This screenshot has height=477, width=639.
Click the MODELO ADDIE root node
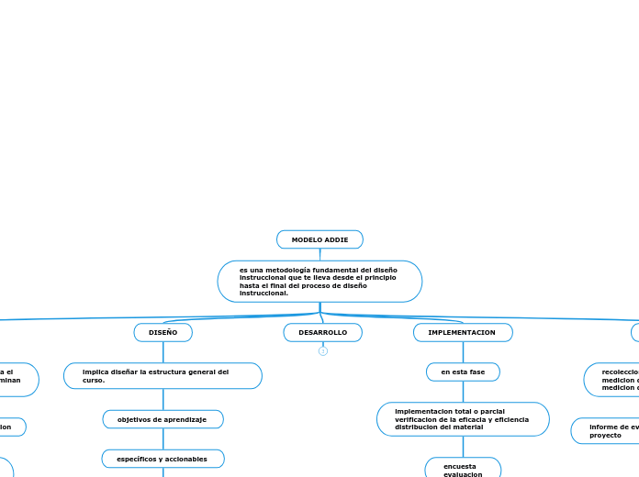coord(319,239)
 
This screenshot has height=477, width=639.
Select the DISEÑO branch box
coord(163,332)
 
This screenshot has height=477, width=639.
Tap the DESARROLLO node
coord(322,332)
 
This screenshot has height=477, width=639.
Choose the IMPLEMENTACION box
coord(462,332)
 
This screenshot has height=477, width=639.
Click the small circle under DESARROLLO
coord(323,351)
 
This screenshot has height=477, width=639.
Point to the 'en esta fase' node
coord(463,372)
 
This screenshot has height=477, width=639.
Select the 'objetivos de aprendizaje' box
coord(163,419)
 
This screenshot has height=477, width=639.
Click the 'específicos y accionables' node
coord(163,459)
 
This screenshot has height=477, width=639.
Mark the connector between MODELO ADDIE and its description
coord(319,254)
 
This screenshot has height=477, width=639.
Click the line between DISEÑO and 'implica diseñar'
coord(163,352)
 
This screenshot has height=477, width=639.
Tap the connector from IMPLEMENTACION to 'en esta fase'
coord(463,352)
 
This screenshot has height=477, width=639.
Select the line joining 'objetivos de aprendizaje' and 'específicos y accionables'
coord(163,438)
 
